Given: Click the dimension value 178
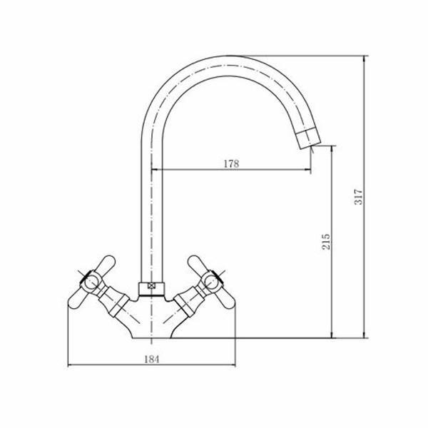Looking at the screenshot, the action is pos(231,164).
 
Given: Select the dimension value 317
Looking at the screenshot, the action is pos(358,197).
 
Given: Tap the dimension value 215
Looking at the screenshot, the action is pos(326,241).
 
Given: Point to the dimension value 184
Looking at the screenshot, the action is pos(151,360).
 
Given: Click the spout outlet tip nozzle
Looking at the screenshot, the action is pos(308,138).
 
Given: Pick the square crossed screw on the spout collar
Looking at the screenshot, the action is pos(151,286).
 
